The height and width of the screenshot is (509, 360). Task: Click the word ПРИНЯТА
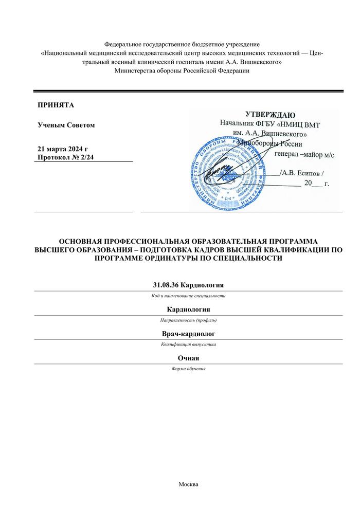click(56, 105)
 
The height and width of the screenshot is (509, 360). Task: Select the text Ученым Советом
click(66, 125)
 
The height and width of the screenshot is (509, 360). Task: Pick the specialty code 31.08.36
click(168, 285)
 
